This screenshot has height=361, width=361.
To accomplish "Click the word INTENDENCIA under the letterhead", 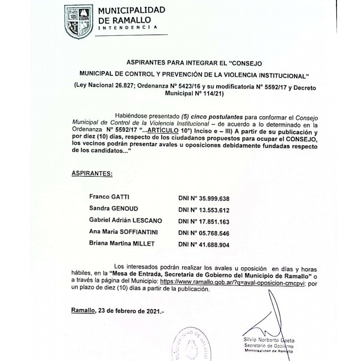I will (127, 28).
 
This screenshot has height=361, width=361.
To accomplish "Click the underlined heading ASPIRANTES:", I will (92, 173).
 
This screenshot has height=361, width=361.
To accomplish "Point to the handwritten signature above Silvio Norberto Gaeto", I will (266, 320).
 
